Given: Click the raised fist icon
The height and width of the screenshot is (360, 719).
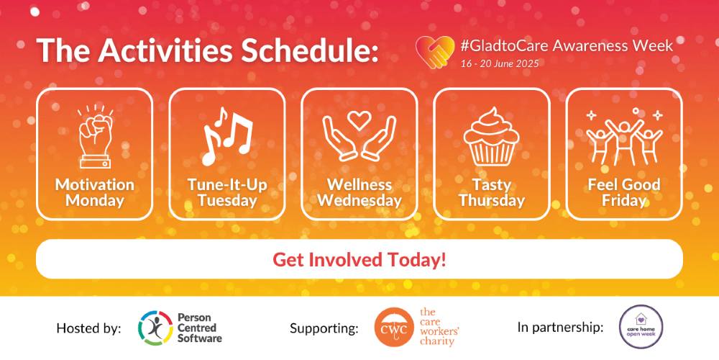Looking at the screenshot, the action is click(x=95, y=137).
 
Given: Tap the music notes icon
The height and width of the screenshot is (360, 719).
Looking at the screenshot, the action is click(x=227, y=136).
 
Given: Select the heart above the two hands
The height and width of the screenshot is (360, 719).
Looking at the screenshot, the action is click(x=359, y=121).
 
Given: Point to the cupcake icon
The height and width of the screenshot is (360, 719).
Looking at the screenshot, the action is click(x=492, y=136).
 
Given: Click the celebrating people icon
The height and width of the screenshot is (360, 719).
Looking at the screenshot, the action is click(x=624, y=136).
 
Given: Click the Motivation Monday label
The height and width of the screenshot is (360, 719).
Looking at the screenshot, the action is click(x=95, y=193).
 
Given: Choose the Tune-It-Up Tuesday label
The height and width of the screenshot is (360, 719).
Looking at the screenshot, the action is click(x=227, y=193).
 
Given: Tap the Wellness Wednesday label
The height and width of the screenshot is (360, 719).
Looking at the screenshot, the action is click(x=359, y=193).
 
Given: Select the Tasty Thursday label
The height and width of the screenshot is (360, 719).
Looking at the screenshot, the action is click(x=492, y=193).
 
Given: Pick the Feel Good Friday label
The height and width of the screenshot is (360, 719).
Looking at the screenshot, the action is click(x=624, y=193).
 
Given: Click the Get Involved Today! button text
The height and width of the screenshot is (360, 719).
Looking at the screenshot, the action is click(x=359, y=260).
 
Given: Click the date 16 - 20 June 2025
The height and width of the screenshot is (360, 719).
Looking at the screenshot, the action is click(x=500, y=63).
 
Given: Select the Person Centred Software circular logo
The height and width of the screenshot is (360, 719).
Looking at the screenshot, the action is click(x=155, y=328).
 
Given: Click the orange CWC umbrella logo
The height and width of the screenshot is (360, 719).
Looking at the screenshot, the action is click(x=391, y=328).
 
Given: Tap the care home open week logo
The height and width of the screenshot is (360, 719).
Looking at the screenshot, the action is click(x=641, y=327).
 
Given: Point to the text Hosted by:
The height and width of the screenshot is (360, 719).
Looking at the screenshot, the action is click(x=89, y=328).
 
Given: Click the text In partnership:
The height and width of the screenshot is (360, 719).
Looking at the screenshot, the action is click(x=560, y=328).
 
